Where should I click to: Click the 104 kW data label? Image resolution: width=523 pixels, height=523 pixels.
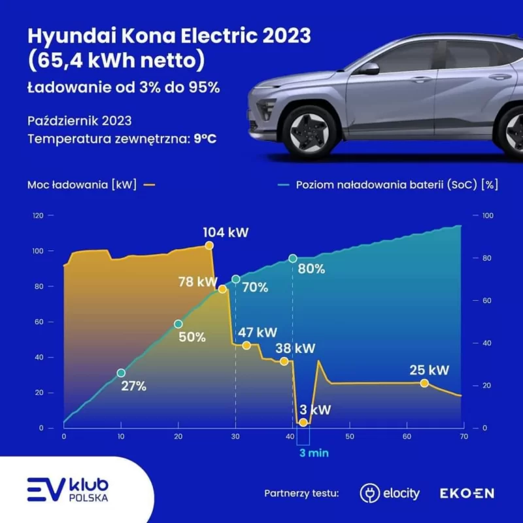tap(226, 233)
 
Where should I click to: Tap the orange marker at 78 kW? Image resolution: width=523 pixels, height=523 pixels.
tap(222, 288)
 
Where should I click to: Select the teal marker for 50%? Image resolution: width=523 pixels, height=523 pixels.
tap(178, 324)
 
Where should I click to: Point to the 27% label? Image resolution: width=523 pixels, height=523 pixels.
tap(133, 386)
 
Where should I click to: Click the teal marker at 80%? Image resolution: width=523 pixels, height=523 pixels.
tap(293, 259)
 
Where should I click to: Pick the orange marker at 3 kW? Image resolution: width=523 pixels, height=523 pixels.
tap(303, 423)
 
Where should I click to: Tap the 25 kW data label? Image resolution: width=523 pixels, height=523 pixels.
tap(430, 371)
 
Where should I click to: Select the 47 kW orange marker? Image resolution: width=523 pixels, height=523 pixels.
tap(246, 345)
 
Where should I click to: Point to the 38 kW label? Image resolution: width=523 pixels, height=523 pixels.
tap(295, 348)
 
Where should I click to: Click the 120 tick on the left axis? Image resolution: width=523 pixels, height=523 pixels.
tap(39, 216)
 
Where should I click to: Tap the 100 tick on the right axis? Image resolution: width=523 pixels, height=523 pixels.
tap(486, 216)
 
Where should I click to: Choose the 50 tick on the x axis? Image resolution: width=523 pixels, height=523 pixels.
tap(349, 436)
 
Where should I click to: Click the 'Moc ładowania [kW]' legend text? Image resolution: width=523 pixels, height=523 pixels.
tap(82, 184)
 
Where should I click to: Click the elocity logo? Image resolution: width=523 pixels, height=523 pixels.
tap(390, 492)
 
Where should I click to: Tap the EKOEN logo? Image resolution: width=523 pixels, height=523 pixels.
tap(467, 492)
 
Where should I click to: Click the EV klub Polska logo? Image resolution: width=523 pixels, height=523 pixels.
tap(68, 489)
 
